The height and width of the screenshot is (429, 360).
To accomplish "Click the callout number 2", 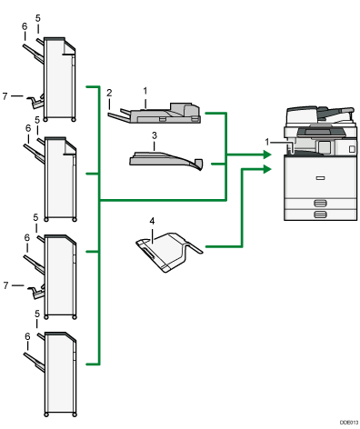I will coord(108,93).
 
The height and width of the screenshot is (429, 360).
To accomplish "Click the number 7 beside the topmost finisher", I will coord(7,94).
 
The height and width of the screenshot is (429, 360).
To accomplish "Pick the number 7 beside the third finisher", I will coord(7,285).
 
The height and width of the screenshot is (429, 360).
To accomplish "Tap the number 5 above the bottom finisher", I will coord(37,314).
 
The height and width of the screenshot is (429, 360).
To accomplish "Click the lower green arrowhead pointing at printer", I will coord(267,169).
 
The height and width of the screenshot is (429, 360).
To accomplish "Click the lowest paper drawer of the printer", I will coord(318,214).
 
